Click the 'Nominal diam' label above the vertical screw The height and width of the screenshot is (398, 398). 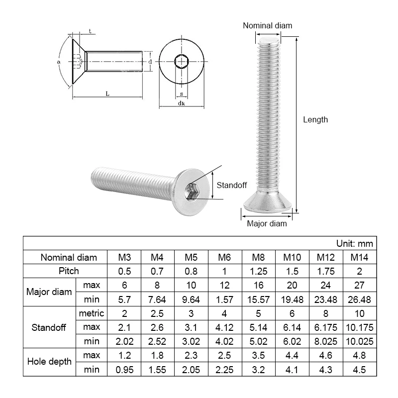[268, 25]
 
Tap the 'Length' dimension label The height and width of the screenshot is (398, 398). [315, 119]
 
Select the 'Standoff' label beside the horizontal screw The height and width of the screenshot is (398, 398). [232, 185]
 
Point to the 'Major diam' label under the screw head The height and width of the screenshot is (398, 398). [267, 224]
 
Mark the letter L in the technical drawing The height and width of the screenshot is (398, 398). [108, 93]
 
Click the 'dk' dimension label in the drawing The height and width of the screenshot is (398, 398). [181, 103]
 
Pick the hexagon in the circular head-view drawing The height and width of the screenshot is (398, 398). [181, 62]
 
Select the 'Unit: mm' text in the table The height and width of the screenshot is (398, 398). [354, 244]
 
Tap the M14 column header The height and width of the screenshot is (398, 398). [360, 257]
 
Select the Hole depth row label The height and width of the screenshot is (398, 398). [49, 362]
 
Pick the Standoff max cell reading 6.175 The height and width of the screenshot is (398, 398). [326, 327]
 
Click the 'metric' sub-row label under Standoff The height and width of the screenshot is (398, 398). [92, 313]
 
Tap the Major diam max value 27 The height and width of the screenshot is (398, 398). [360, 285]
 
